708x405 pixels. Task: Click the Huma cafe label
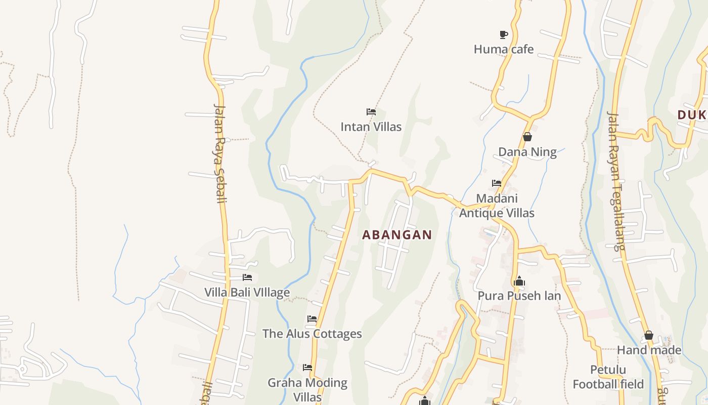click(x=503, y=49)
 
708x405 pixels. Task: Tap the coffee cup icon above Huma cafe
click(x=503, y=34)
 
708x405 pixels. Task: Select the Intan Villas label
click(x=371, y=127)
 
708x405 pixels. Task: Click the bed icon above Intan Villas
click(x=371, y=111)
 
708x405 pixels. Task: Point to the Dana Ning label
click(x=527, y=152)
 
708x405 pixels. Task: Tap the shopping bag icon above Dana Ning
click(x=527, y=137)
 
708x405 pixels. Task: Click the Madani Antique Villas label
click(x=497, y=206)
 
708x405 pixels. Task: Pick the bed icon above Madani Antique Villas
click(x=497, y=183)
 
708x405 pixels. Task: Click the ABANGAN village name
click(x=397, y=235)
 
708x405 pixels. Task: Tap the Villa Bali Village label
click(x=247, y=293)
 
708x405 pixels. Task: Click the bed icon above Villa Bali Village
click(x=247, y=277)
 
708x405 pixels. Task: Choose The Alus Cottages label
click(x=312, y=334)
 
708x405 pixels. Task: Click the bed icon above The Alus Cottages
click(x=312, y=319)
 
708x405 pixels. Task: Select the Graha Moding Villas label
click(x=307, y=389)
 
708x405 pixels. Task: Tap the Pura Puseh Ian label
click(x=519, y=296)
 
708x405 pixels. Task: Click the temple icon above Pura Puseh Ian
click(x=519, y=281)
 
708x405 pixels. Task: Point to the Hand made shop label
click(x=649, y=350)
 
